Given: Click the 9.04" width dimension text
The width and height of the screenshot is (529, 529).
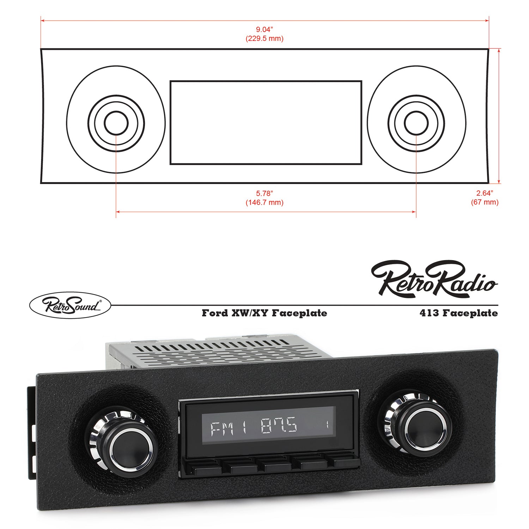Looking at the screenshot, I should click(264, 30).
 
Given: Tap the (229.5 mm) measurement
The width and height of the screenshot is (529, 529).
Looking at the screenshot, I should click(264, 39).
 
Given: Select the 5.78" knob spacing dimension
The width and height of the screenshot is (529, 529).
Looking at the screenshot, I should click(264, 194).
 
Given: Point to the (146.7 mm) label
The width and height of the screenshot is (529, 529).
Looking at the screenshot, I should click(264, 203).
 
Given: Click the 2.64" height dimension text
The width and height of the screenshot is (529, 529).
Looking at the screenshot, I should click(485, 193).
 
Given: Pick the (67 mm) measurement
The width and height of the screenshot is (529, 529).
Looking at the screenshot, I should click(485, 202).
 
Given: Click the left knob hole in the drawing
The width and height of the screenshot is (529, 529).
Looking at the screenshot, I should click(116, 123).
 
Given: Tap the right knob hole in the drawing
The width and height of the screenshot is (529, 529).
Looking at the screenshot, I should click(416, 123).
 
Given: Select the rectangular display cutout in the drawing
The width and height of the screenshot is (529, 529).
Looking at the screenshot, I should click(266, 123).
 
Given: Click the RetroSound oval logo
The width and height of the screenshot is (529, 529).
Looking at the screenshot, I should click(70, 305).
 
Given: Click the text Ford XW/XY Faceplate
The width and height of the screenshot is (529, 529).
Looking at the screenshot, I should click(264, 313).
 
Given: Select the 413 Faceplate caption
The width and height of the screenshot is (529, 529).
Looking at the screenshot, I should click(458, 313).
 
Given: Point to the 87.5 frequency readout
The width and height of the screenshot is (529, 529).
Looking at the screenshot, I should click(279, 426).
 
